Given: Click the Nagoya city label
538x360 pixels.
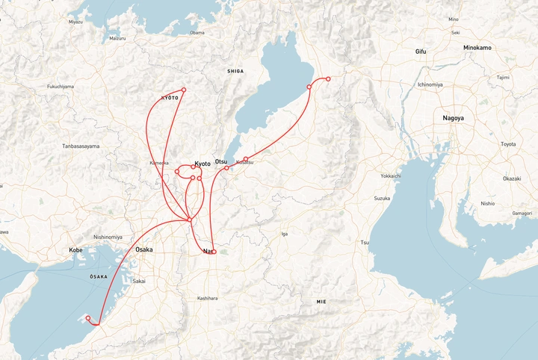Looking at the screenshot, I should pos(453,118).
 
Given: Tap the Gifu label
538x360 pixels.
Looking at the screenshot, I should pos(421,51).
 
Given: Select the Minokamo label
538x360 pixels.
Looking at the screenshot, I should pos(477,48).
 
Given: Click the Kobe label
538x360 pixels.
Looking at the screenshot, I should pos(75,249).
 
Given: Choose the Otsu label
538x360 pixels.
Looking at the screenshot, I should pos(221,161).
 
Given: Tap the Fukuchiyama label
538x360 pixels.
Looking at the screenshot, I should pos(61,87).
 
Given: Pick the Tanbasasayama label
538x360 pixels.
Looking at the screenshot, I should pos(81,146).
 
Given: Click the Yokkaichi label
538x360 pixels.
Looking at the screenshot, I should pos(391,176).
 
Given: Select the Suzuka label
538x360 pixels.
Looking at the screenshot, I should pos(382,199).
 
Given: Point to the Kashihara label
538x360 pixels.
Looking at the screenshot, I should pos(207,298).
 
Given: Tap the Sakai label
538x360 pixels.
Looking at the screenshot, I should pos(139,281).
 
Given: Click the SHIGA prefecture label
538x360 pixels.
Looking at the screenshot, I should pos(235,71).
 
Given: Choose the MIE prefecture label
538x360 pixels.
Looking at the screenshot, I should pos(321,301).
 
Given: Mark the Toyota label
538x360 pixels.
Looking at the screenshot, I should pos(508,144).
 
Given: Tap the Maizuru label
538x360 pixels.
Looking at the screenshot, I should pos(117,37).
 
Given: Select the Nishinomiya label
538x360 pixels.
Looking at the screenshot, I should pos(107,237).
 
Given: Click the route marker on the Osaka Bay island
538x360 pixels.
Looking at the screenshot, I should pos(88,319).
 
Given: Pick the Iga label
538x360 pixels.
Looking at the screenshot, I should pos(284,234).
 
